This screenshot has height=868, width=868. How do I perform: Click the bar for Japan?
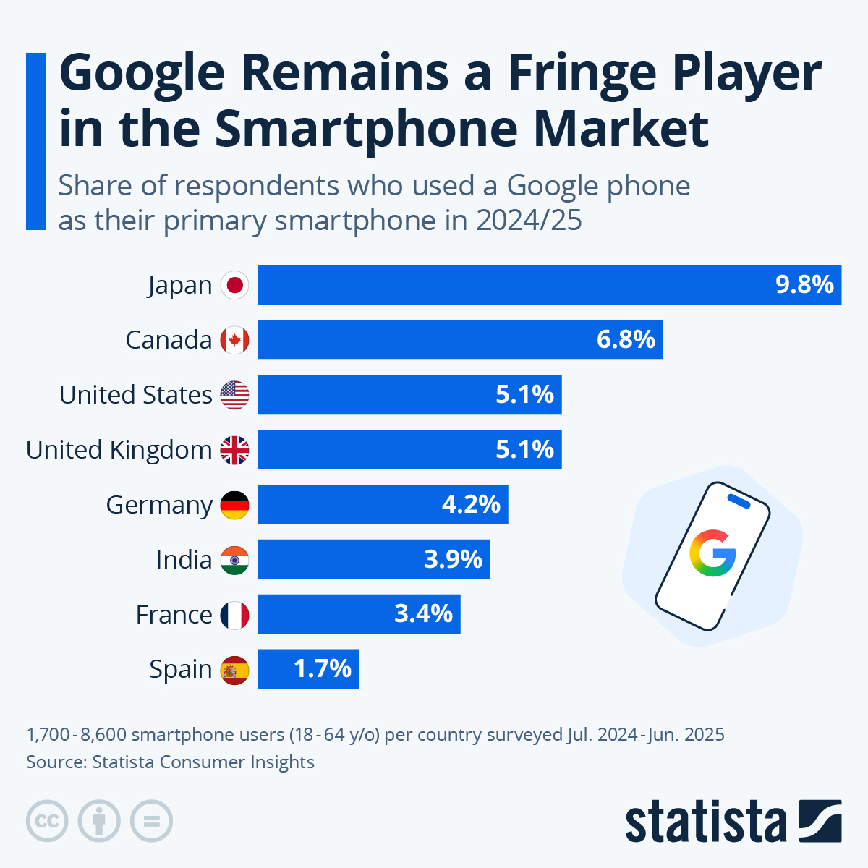[550, 285]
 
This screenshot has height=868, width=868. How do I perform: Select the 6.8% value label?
[626, 339]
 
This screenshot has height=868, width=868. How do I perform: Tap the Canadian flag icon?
[234, 340]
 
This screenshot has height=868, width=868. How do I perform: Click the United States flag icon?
[234, 395]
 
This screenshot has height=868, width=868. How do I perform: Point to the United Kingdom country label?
[119, 450]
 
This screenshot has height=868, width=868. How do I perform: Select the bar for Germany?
[383, 505]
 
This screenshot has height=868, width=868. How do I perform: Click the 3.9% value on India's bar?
[453, 559]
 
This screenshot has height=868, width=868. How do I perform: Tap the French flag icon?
[234, 615]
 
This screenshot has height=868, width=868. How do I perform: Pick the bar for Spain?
[308, 669]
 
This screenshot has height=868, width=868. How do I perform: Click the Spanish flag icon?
[234, 670]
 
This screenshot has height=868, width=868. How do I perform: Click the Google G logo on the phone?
[712, 553]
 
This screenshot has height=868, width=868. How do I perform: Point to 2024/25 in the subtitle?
[529, 221]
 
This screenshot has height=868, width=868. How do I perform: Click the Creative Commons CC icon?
[47, 822]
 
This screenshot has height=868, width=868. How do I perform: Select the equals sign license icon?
[151, 822]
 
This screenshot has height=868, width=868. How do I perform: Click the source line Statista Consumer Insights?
[170, 762]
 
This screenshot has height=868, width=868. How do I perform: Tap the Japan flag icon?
[234, 285]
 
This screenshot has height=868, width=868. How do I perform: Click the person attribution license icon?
[99, 822]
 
